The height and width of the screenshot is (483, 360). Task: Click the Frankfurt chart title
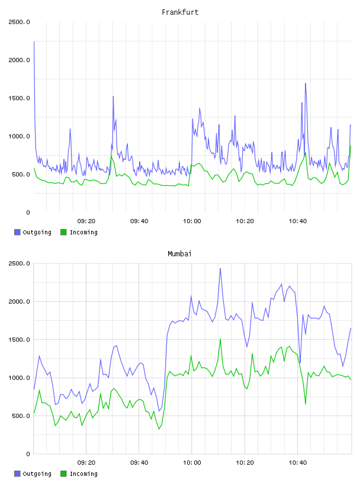point(180,12)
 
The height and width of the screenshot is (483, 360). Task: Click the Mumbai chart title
point(179,254)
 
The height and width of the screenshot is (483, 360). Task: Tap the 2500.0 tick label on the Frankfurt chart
point(19,22)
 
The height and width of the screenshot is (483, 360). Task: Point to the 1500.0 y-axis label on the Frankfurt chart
point(19,98)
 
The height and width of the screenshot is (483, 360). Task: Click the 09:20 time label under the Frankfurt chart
point(86,221)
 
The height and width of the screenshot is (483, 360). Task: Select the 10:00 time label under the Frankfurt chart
point(192,221)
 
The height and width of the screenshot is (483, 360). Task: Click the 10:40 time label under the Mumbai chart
point(298,463)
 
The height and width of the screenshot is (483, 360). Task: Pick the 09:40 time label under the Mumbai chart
point(139,463)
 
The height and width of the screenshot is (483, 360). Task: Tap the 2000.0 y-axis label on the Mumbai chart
point(19,301)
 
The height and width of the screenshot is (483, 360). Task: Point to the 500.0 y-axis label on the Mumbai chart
point(21,416)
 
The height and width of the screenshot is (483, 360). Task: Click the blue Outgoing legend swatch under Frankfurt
point(17,232)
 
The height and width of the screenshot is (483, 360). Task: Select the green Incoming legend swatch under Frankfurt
point(63,232)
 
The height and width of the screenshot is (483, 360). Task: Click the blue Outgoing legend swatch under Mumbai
point(17,474)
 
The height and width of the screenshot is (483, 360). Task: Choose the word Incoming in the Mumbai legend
point(83,474)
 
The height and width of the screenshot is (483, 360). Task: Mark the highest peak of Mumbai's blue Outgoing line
point(220,268)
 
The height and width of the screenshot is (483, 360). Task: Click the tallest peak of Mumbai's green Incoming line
point(220,338)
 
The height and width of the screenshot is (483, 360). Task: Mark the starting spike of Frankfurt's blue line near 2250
point(34,41)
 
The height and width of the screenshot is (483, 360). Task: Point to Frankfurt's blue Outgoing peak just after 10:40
point(306,83)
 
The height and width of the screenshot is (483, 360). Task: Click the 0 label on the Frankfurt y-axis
point(28,212)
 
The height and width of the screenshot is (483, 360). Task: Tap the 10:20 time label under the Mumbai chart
point(245,463)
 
